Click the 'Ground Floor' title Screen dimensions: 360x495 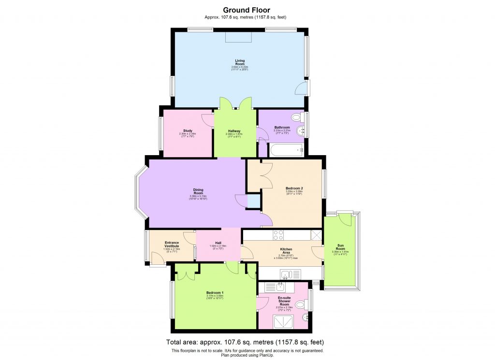(246, 10)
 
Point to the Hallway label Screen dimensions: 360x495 (234, 131)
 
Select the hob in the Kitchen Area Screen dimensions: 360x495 (278, 235)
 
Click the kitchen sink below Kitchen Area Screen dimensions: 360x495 (290, 274)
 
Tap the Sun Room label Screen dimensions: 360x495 (340, 247)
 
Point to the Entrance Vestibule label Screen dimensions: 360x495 (172, 244)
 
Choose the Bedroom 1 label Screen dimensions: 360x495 (215, 293)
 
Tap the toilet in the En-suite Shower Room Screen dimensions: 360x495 (301, 304)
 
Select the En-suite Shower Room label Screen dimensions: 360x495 (285, 301)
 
